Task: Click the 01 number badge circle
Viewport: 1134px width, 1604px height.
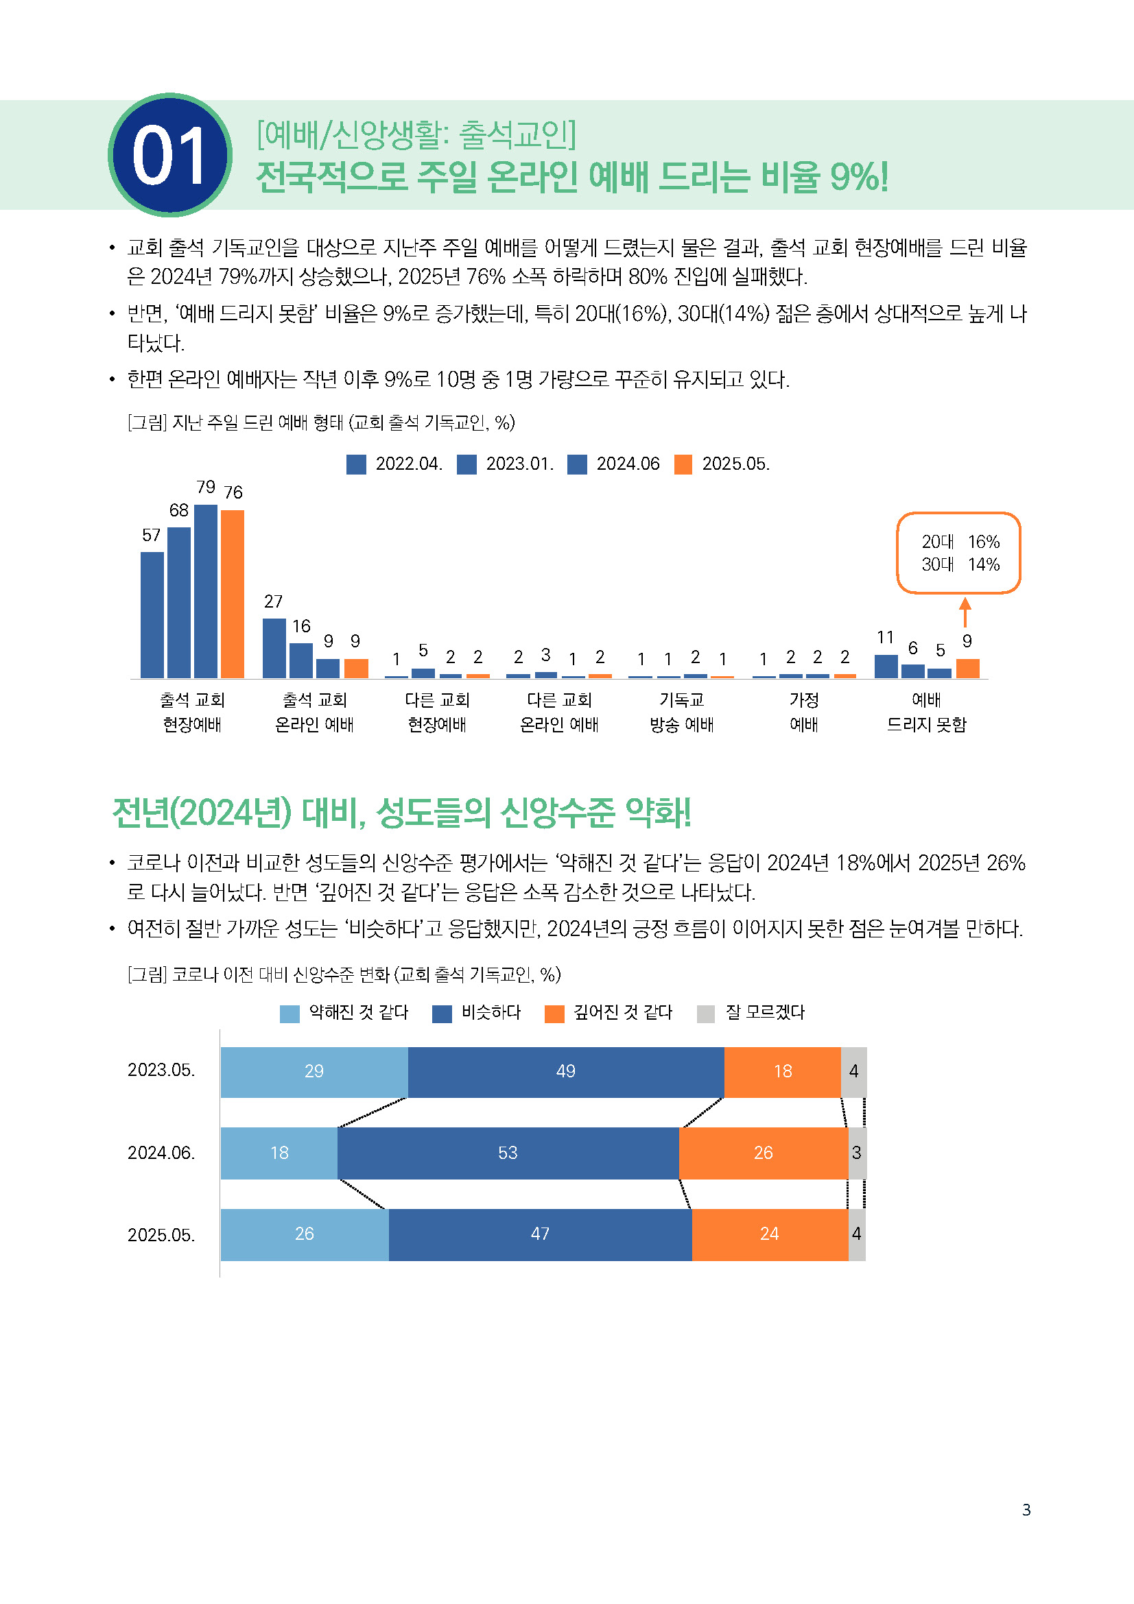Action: coord(169,155)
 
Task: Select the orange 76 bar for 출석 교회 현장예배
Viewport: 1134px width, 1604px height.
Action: coord(232,594)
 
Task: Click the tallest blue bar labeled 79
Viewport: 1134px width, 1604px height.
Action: coord(205,591)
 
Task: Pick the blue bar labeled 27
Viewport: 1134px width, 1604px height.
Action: coord(274,647)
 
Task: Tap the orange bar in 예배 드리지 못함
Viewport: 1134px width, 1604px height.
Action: coord(968,669)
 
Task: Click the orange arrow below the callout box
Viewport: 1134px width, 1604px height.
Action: coord(965,612)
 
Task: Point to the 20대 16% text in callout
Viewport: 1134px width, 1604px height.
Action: coord(960,542)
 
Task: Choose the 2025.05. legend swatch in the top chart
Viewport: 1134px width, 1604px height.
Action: coord(683,464)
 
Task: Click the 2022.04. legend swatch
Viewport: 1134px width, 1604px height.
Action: coord(356,464)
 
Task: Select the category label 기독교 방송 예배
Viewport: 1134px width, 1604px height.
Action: coord(681,712)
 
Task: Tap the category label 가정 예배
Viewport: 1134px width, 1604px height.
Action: coord(803,712)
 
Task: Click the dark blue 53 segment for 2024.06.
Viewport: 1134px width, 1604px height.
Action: coord(508,1153)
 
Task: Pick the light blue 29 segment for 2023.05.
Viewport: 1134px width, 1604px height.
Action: coord(314,1072)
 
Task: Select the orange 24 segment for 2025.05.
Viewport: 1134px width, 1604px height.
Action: coord(769,1234)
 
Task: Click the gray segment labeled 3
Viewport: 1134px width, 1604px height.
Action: coord(857,1153)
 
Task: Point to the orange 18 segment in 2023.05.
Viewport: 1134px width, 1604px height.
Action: coord(783,1072)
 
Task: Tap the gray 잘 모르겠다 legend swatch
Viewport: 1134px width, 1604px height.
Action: coord(706,1014)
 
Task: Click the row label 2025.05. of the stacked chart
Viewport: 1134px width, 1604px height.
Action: coord(161,1235)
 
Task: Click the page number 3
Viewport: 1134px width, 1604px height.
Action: coord(1026,1510)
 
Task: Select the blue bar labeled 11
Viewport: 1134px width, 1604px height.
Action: coord(886,667)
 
